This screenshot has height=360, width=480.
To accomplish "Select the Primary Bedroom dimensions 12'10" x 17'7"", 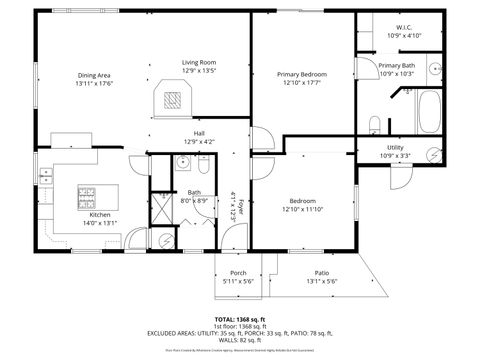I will pyautogui.click(x=301, y=82).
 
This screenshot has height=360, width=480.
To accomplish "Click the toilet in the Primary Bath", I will pyautogui.click(x=373, y=123).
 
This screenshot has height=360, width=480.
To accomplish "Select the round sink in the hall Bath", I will pyautogui.click(x=184, y=165).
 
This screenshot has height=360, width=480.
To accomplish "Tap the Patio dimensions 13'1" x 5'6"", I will pyautogui.click(x=322, y=281).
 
